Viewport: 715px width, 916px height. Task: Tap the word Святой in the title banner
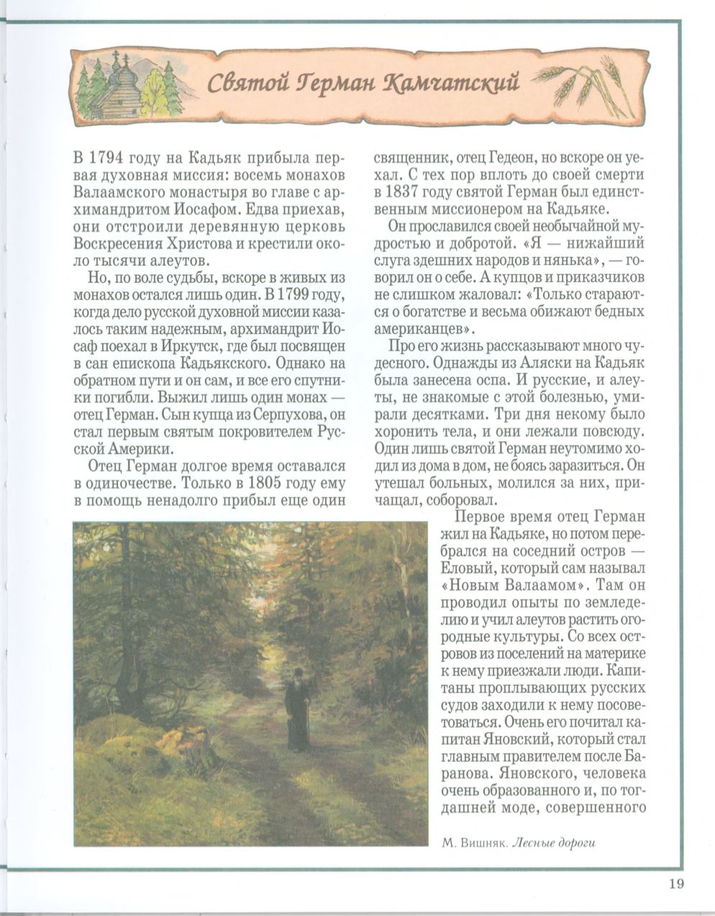pos(241,83)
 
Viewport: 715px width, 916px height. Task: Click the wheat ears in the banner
pos(590,83)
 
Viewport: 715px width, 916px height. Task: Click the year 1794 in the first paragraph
pos(108,158)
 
